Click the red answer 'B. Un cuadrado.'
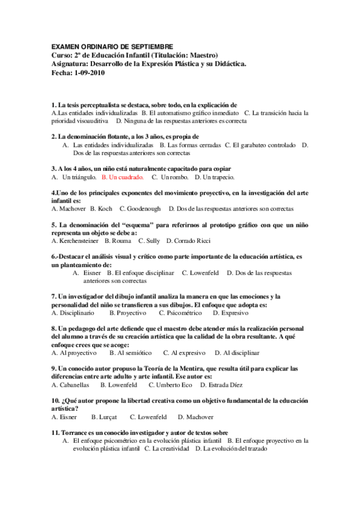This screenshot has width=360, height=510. tap(123, 178)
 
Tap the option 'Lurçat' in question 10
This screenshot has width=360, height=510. tap(104, 416)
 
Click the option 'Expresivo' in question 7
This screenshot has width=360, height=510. tap(230, 313)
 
